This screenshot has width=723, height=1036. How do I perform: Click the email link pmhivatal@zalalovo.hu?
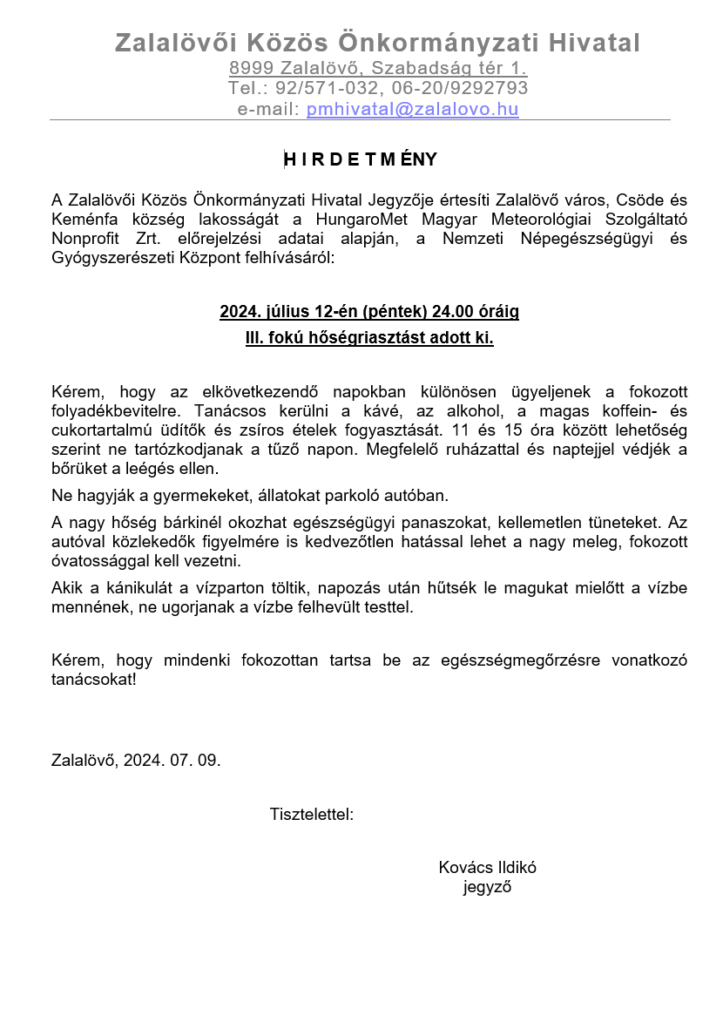click(x=412, y=110)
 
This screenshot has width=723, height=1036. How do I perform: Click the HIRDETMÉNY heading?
click(x=361, y=159)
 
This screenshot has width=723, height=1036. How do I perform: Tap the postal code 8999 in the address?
click(x=252, y=68)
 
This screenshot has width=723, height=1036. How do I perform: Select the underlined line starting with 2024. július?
click(x=369, y=311)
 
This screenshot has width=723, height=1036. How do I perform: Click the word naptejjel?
click(x=591, y=450)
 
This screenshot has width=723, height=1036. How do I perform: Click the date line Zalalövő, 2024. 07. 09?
click(x=136, y=760)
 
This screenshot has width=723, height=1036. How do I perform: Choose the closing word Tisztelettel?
click(x=312, y=816)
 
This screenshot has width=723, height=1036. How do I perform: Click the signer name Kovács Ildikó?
click(x=488, y=868)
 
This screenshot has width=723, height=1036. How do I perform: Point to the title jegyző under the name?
click(x=487, y=888)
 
